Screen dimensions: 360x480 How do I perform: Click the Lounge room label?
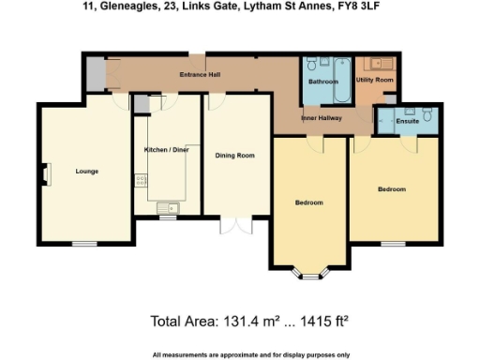[x=87, y=171]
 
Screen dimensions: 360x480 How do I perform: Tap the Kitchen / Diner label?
[x=166, y=149]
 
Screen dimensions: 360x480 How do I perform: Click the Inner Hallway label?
[x=321, y=118]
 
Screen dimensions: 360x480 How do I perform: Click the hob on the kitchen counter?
[x=140, y=178]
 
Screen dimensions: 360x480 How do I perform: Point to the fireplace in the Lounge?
[x=43, y=172]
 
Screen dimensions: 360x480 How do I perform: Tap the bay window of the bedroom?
[x=310, y=275]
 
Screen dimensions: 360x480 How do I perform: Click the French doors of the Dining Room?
[x=236, y=227]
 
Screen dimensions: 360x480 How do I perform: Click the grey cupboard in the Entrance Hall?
[x=96, y=76]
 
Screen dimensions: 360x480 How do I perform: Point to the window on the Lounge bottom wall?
[x=82, y=243]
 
